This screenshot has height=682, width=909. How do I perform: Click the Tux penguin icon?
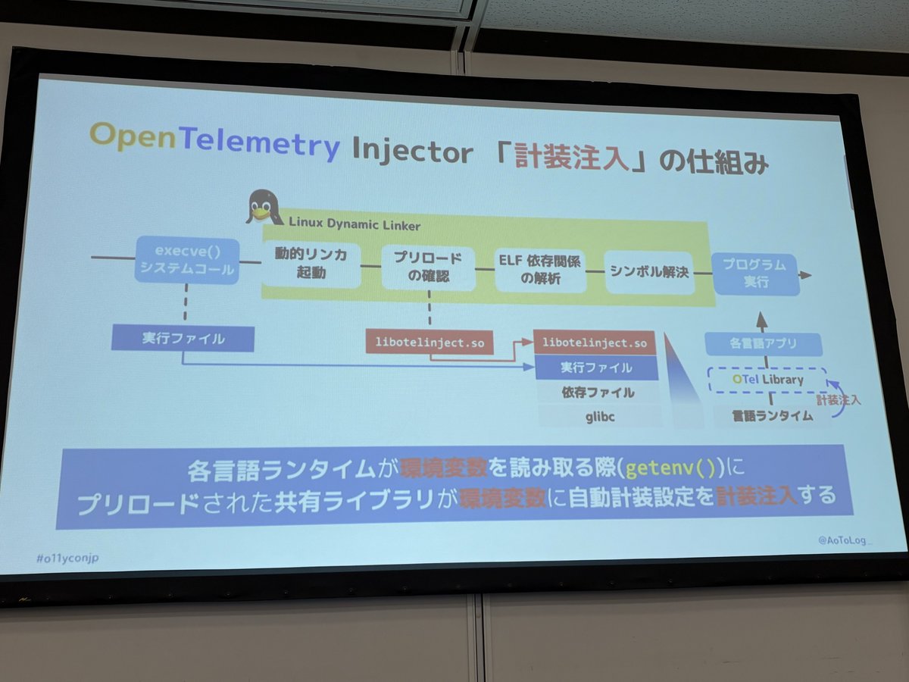pos(263,208)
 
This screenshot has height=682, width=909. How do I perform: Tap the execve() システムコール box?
pos(186,260)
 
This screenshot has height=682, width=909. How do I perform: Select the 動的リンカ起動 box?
pos(311,264)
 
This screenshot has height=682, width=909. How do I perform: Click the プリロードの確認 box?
pos(428,267)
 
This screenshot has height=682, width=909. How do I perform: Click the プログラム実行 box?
pos(754,274)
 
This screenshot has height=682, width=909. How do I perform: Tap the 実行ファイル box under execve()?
pos(183,338)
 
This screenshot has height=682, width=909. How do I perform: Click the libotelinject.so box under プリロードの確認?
pos(430,342)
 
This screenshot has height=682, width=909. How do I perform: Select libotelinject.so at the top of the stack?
pos(596,343)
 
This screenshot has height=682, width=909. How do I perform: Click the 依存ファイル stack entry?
pos(598,392)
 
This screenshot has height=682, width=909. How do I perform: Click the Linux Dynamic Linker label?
pos(355,226)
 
